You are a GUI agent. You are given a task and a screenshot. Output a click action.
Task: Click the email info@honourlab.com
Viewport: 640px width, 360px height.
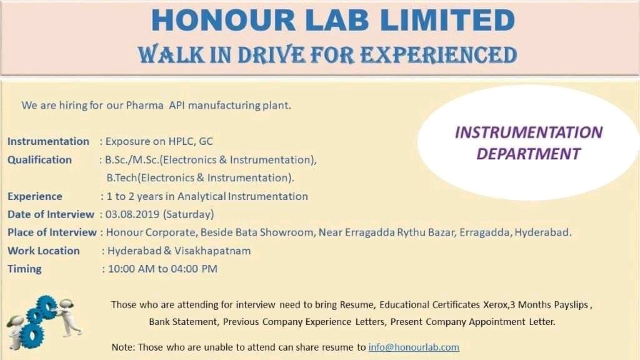tap(414, 347)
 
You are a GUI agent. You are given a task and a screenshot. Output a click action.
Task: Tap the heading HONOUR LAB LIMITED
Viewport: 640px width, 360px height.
tap(332, 19)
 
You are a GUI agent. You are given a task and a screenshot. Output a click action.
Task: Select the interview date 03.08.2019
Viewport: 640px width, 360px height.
tap(132, 214)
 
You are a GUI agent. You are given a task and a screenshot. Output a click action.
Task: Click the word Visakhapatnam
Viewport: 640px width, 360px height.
tap(216, 251)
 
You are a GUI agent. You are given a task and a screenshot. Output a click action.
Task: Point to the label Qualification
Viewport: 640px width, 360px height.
tap(39, 160)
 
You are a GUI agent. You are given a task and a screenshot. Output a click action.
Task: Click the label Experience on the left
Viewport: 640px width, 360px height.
tap(35, 196)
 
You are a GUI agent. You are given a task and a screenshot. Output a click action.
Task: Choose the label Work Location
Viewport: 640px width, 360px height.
tap(44, 251)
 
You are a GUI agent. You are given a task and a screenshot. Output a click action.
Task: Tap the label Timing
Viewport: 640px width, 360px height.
tap(24, 269)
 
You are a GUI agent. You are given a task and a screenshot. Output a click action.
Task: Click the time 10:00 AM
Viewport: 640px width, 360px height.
tap(130, 269)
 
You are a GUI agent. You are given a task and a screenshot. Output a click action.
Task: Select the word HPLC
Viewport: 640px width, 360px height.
tap(179, 141)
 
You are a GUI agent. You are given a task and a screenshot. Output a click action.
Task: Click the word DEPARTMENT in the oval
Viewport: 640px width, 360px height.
tap(528, 153)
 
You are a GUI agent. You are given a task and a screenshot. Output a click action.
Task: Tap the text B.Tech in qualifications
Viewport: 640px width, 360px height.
tap(122, 178)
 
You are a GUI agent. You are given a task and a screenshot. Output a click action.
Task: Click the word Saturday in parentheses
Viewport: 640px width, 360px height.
tap(188, 214)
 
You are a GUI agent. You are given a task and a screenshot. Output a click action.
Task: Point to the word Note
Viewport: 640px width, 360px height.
tap(122, 347)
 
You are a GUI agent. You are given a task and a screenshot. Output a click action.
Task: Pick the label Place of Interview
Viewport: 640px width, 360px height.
tap(52, 232)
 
